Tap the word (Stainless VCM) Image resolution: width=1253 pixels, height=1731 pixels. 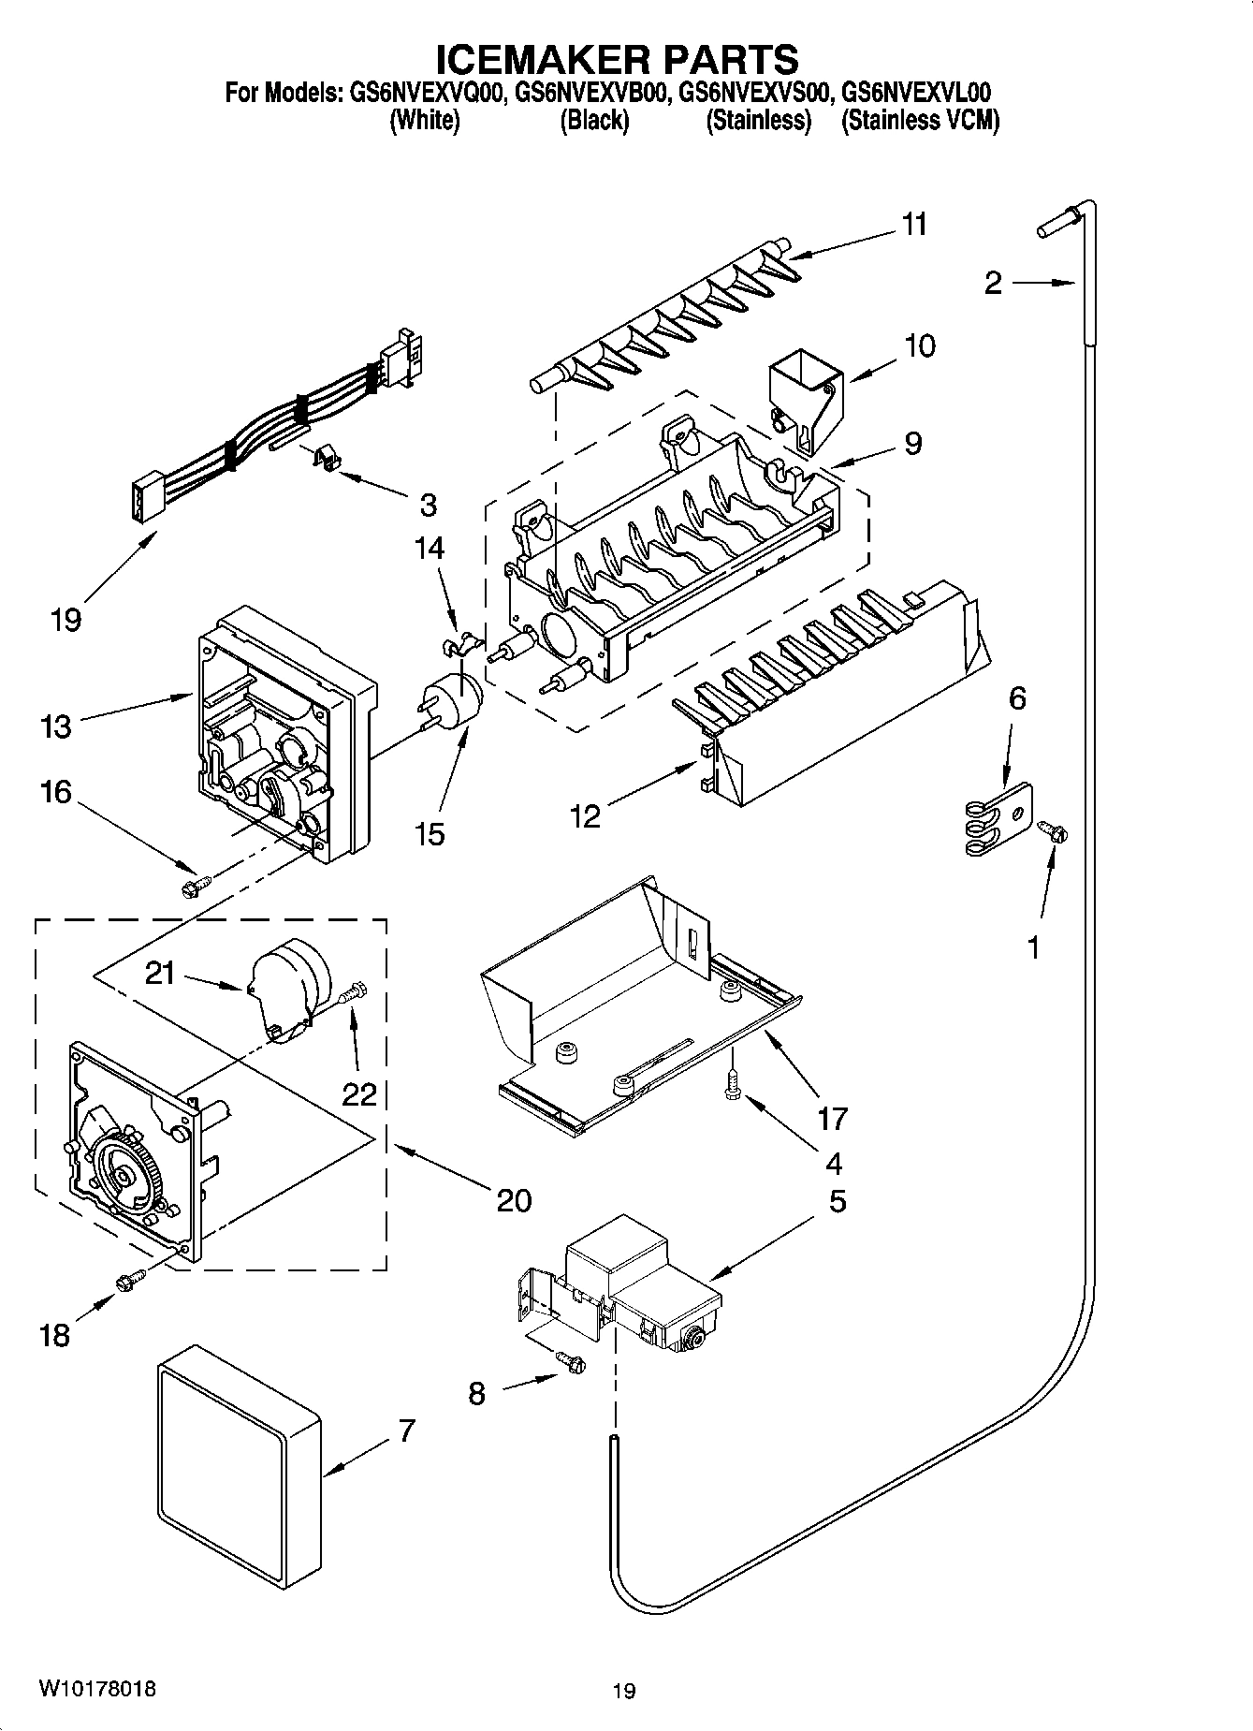point(920,121)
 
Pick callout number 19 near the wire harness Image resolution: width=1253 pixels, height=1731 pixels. point(66,619)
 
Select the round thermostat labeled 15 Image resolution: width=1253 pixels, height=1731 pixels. point(457,702)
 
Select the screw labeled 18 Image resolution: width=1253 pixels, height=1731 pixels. point(130,1279)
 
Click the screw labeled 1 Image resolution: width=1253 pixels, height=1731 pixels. point(1052,829)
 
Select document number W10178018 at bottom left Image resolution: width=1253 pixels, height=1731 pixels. point(96,1689)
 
